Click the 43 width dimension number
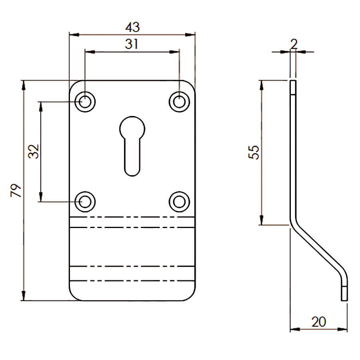[x=132, y=27]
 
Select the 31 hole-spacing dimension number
[x=132, y=44]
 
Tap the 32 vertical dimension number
[x=34, y=151]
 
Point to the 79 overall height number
[x=16, y=190]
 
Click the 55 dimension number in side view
[x=254, y=152]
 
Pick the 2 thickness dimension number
[x=294, y=44]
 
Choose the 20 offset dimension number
[x=318, y=322]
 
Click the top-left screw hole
[x=85, y=102]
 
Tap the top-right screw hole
[x=179, y=102]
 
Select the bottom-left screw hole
[x=85, y=202]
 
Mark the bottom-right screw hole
[x=179, y=202]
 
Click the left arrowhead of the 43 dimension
[x=74, y=35]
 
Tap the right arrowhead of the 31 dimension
[x=174, y=52]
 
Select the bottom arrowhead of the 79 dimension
[x=24, y=296]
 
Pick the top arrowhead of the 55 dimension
[x=261, y=86]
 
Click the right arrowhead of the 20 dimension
[x=342, y=330]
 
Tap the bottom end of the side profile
[x=344, y=300]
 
